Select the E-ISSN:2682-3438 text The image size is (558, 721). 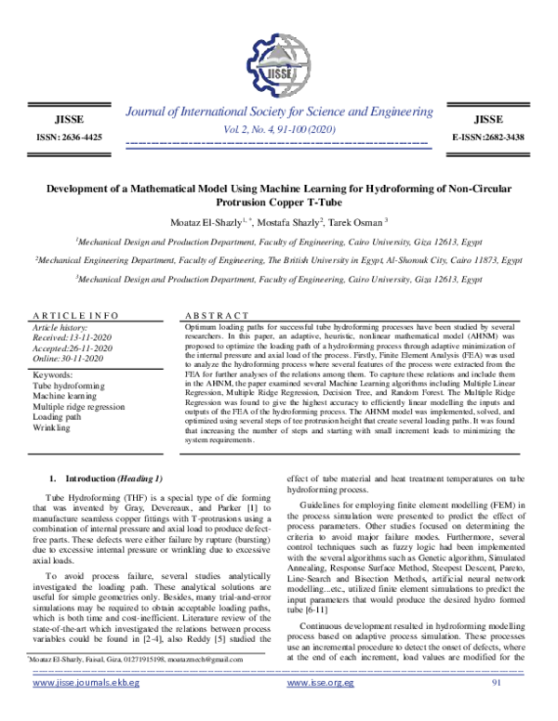pos(487,138)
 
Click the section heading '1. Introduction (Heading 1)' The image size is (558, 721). pos(106,478)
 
